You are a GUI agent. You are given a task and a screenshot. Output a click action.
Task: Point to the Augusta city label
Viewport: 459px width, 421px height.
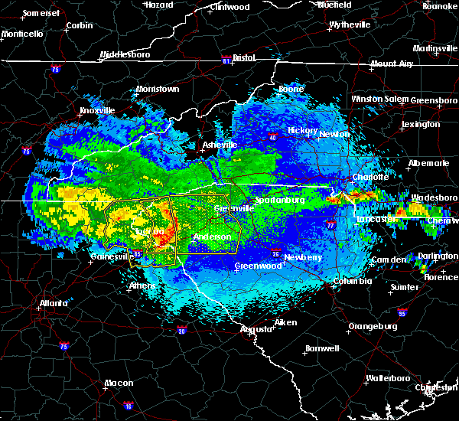pos(256,329)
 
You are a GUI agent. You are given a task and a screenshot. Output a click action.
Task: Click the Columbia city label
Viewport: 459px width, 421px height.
pos(353,281)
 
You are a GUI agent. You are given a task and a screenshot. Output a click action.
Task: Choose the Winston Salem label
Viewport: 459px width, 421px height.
pos(380,100)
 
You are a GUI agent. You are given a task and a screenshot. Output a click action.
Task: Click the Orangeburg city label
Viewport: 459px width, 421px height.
pos(373,326)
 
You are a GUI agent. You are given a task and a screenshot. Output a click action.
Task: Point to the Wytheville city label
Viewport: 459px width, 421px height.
pos(350,24)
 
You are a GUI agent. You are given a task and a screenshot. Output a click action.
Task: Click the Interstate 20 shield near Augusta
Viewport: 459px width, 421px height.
pos(181,330)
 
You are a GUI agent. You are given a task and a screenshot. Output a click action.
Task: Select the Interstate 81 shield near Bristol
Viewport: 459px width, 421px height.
pos(226,58)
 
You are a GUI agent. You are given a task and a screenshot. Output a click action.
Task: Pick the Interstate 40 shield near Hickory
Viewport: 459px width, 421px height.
pos(274,138)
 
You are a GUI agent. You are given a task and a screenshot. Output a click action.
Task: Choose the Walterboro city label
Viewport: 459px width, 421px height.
pos(389,378)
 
